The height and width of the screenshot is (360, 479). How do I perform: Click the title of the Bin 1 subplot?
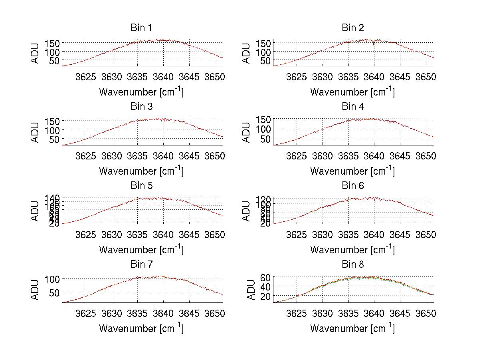point(141,28)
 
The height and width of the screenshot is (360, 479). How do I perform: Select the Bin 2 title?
point(352,28)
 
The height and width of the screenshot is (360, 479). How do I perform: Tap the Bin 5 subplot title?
point(141,186)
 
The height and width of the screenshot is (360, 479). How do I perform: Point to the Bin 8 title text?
point(352,265)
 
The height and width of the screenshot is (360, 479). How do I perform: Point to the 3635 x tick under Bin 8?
point(348,313)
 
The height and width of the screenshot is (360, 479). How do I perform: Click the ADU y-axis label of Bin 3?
point(36,132)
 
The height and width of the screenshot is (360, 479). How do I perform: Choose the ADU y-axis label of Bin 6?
point(247,211)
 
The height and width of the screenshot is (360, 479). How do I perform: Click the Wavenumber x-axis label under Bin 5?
point(141,250)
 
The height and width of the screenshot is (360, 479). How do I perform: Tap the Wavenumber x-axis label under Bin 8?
point(352,328)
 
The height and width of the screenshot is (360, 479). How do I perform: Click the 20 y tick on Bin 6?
point(266,223)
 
